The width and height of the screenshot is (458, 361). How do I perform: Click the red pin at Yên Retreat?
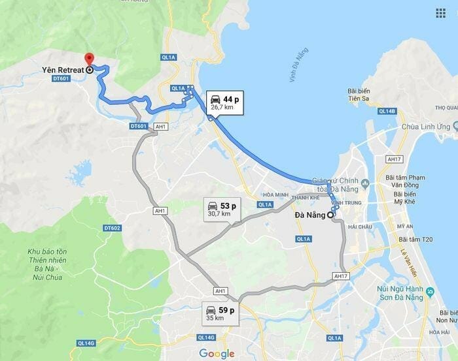click(x=89, y=59)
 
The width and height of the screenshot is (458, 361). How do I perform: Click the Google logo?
click(x=217, y=353)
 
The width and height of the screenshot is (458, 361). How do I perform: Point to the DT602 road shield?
click(x=112, y=228)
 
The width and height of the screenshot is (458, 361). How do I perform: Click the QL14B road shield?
click(x=387, y=112)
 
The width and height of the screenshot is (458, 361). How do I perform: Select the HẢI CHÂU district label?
click(x=360, y=227)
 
